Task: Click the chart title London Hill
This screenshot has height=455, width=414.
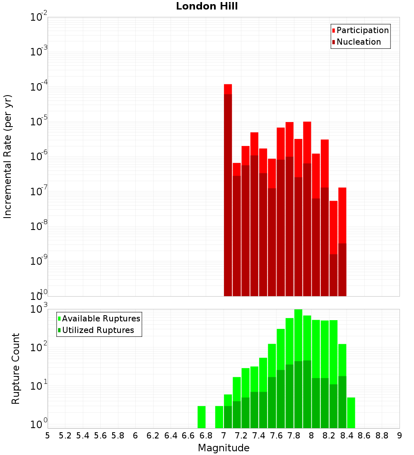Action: pyautogui.click(x=207, y=6)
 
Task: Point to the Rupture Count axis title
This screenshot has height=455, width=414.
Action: pyautogui.click(x=16, y=369)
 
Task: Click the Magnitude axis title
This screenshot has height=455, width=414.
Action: pyautogui.click(x=224, y=448)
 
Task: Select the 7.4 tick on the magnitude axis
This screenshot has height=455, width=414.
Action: pyautogui.click(x=259, y=436)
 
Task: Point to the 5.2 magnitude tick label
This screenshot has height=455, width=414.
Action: pyautogui.click(x=65, y=436)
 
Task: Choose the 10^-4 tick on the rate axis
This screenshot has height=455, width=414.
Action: pyautogui.click(x=39, y=87)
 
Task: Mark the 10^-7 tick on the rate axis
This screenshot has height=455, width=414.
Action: pyautogui.click(x=39, y=192)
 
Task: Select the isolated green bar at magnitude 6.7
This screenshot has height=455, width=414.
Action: pyautogui.click(x=202, y=417)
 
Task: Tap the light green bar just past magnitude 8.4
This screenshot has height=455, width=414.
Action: pyautogui.click(x=351, y=413)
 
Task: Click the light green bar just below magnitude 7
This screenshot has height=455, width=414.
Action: pyautogui.click(x=219, y=417)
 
